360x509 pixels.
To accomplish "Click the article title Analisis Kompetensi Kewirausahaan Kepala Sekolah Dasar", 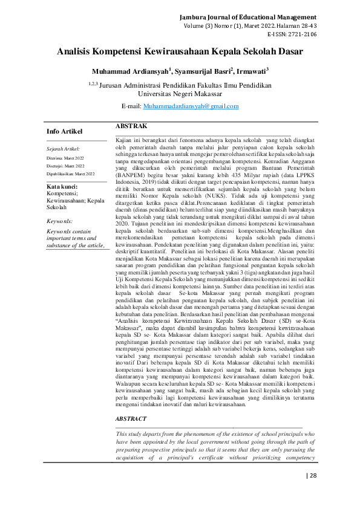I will (x=179, y=53).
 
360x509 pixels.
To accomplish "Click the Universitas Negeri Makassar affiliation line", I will (x=179, y=94).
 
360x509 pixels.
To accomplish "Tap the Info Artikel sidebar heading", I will (x=65, y=131).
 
